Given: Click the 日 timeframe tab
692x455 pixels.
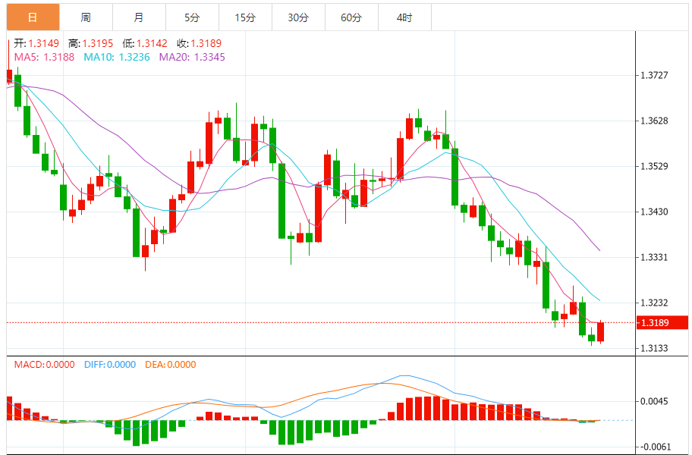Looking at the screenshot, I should coord(33,17).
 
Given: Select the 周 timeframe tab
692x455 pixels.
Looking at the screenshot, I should coord(85,17).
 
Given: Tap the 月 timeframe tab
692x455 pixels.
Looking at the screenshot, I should coord(138,17).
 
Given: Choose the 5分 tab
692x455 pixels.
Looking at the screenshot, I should coord(191,17).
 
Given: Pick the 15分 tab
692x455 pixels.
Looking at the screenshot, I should coord(244,17).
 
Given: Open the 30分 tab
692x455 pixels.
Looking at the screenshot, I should coord(297,17).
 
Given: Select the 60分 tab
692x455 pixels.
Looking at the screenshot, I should coord(351,17).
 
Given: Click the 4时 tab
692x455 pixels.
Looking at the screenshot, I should coord(404,17).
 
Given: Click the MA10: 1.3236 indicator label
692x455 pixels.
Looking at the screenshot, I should coord(117,57).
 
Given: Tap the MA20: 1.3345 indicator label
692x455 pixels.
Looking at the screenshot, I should coord(192,57).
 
